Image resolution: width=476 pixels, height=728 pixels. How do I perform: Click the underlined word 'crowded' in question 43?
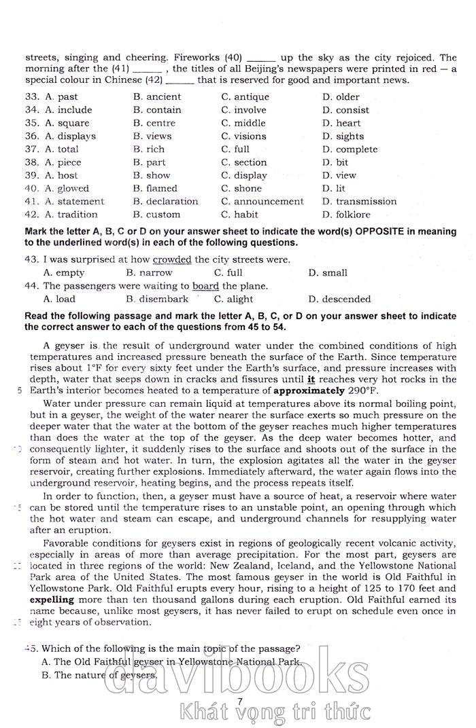[172, 259]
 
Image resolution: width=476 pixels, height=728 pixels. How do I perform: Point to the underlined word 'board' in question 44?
[205, 286]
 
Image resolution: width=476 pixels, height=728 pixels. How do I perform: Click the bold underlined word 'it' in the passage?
[311, 380]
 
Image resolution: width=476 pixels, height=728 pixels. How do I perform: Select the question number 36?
[31, 136]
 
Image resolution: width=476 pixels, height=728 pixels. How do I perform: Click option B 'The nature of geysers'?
[99, 675]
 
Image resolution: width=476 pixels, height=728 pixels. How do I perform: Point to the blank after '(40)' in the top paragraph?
[261, 59]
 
